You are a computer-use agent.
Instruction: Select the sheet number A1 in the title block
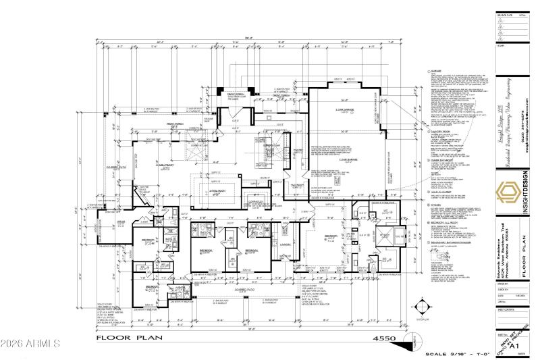click(x=517, y=346)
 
